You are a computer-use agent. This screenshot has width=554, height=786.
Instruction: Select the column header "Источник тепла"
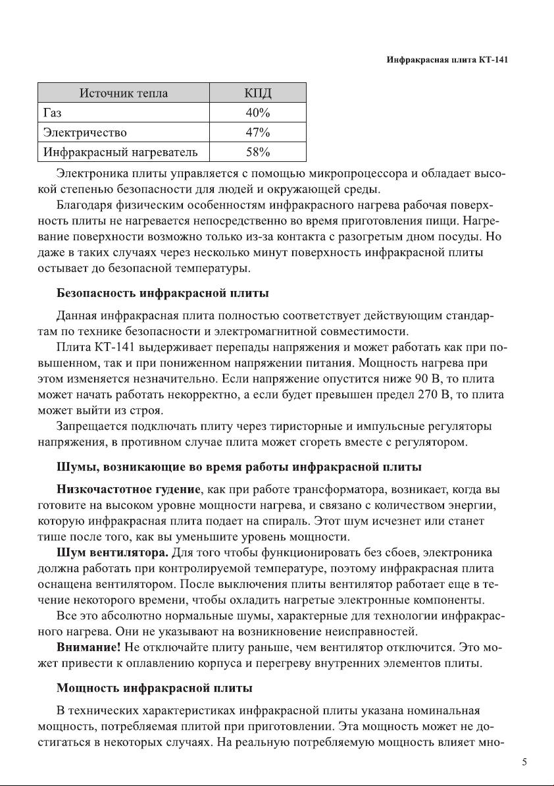pos(124,93)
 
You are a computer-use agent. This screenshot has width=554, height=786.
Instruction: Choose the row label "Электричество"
pos(85,132)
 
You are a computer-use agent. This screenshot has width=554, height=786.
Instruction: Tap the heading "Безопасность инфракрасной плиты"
pos(163,292)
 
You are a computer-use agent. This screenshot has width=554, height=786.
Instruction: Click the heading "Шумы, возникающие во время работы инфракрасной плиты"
pos(239,467)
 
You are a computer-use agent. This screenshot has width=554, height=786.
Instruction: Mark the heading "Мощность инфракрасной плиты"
pos(155,689)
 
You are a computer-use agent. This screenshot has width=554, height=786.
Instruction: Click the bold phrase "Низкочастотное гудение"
pos(128,490)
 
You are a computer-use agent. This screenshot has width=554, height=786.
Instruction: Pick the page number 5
pos(524,762)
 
